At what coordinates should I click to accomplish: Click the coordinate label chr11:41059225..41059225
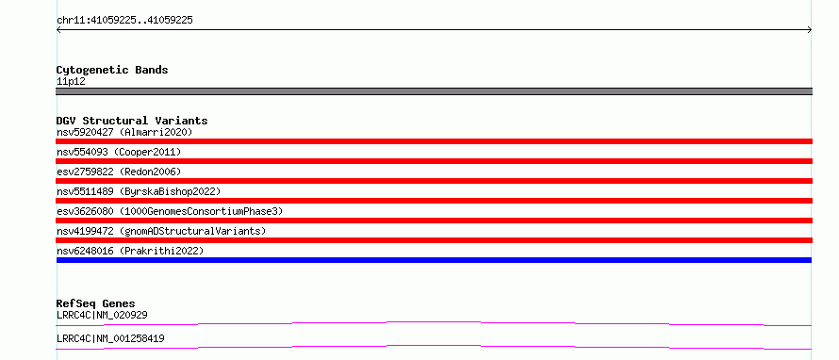pyautogui.click(x=124, y=21)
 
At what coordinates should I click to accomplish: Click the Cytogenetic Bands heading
pyautogui.click(x=112, y=70)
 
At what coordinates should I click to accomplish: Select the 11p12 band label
pyautogui.click(x=71, y=82)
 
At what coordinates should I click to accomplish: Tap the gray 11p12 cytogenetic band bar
pyautogui.click(x=434, y=91)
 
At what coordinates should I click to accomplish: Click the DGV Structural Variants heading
pyautogui.click(x=132, y=121)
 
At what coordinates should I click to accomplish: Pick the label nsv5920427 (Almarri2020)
pyautogui.click(x=124, y=132)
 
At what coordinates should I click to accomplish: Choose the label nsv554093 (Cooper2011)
pyautogui.click(x=119, y=152)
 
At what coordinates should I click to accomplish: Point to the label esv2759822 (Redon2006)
pyautogui.click(x=119, y=172)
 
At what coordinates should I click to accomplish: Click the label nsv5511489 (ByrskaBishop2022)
pyautogui.click(x=139, y=191)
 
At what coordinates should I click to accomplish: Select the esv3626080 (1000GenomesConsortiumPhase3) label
pyautogui.click(x=170, y=211)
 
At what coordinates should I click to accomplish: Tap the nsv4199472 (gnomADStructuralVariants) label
pyautogui.click(x=161, y=231)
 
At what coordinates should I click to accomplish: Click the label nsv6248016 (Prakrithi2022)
pyautogui.click(x=130, y=251)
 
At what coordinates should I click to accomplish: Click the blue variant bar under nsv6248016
pyautogui.click(x=434, y=260)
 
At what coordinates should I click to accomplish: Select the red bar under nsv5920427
pyautogui.click(x=434, y=141)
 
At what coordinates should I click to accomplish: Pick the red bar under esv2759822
pyautogui.click(x=434, y=181)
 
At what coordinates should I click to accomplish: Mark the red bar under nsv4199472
pyautogui.click(x=434, y=240)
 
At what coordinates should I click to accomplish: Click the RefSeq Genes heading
pyautogui.click(x=96, y=303)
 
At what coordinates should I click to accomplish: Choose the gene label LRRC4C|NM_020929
pyautogui.click(x=102, y=315)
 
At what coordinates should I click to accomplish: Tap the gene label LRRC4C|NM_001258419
pyautogui.click(x=110, y=338)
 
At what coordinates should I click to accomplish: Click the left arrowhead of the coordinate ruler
pyautogui.click(x=58, y=30)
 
